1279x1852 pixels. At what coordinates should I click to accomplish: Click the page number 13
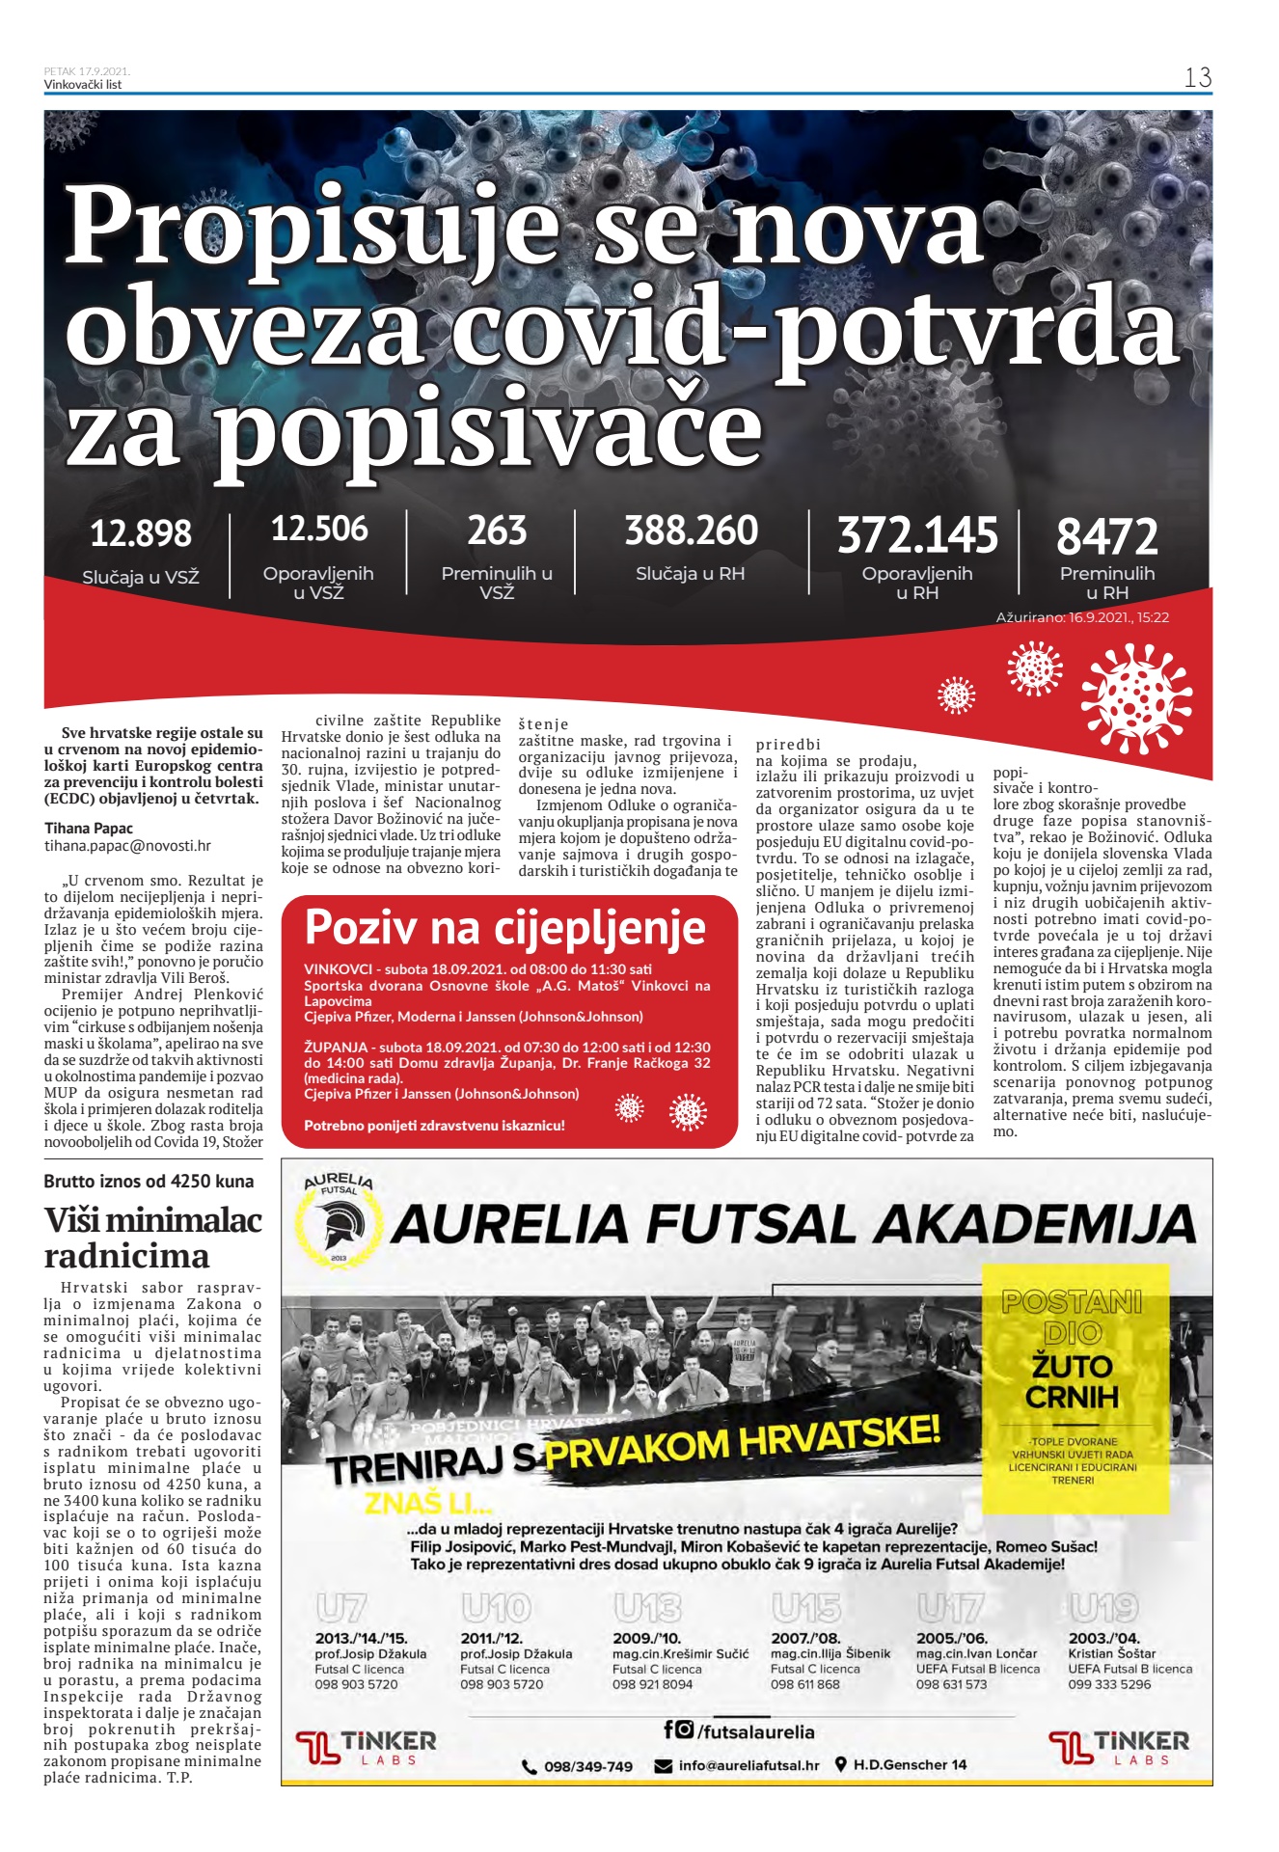point(1197,78)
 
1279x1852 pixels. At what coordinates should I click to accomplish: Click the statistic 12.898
point(141,533)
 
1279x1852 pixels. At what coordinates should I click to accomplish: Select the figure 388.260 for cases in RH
point(691,531)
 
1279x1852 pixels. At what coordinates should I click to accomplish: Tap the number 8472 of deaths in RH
point(1106,536)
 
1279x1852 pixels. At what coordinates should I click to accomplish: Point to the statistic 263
point(497,531)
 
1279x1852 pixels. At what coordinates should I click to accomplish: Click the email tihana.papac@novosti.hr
point(127,846)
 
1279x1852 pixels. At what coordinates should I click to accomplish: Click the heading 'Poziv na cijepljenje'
point(504,928)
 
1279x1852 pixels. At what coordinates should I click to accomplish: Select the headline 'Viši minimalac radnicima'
point(152,1238)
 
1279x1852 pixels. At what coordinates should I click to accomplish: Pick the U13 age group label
point(647,1608)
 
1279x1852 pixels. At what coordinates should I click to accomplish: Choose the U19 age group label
point(1103,1608)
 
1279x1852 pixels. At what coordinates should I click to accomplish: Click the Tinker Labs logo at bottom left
point(366,1747)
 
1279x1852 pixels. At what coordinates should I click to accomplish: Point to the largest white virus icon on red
point(1136,697)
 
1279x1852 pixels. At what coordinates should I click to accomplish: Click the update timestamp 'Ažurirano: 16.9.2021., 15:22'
point(1082,617)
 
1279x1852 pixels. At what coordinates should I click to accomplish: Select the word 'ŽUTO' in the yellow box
point(1073,1366)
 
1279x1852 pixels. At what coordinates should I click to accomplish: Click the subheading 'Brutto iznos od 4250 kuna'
point(149,1182)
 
